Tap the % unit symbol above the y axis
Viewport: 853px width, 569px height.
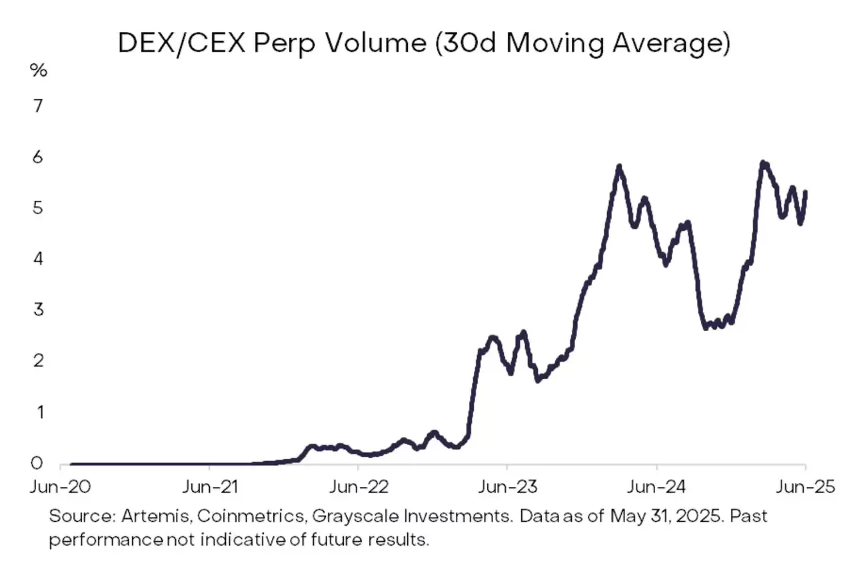click(x=39, y=71)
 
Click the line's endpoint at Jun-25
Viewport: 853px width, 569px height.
click(x=806, y=192)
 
